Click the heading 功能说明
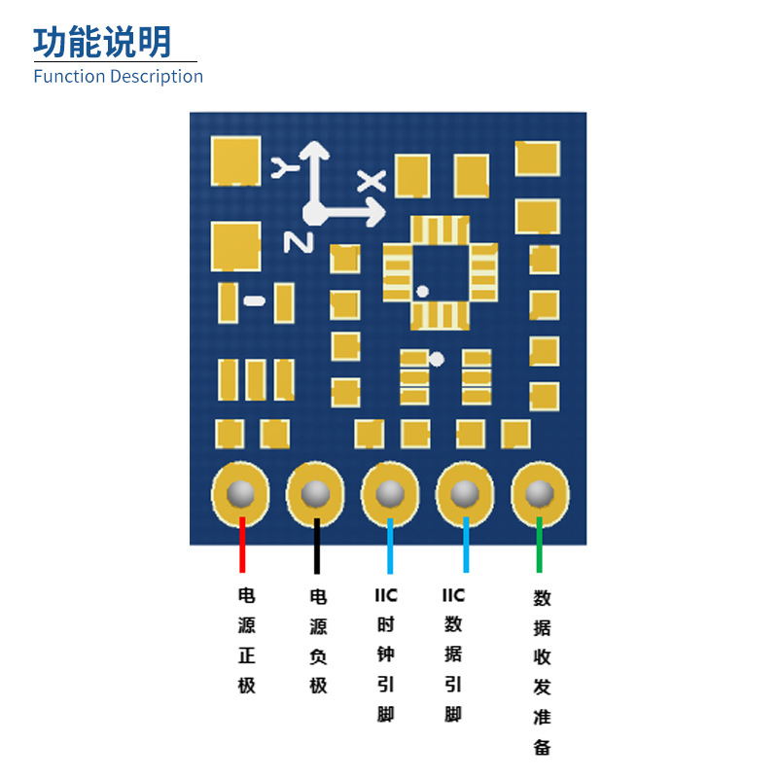(x=102, y=43)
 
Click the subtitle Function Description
(x=118, y=77)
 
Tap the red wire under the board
(x=242, y=546)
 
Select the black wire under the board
(x=316, y=546)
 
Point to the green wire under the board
(x=539, y=546)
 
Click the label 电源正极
(x=246, y=640)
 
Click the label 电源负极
(x=318, y=640)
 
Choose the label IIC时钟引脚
(x=386, y=654)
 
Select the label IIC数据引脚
(x=453, y=654)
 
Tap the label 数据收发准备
(x=542, y=671)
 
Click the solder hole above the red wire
(x=240, y=494)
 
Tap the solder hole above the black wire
(x=315, y=494)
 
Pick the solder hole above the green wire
(x=539, y=494)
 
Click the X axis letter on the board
(x=371, y=180)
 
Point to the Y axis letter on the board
(x=283, y=166)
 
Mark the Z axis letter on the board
(x=297, y=241)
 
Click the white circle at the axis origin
(x=314, y=211)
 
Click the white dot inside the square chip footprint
(x=422, y=291)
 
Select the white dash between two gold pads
(x=255, y=301)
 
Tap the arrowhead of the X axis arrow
(x=376, y=211)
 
